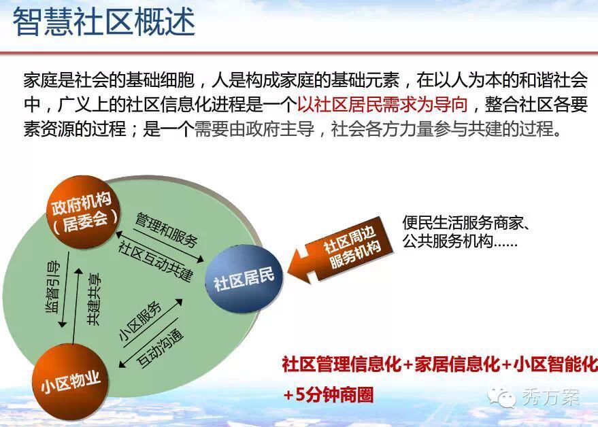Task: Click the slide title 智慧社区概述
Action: point(104,22)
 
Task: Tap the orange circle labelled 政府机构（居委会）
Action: point(83,211)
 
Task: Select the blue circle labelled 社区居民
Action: point(244,279)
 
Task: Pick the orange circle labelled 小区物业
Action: point(71,381)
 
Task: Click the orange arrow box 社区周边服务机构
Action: point(341,250)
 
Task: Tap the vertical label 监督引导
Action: point(53,286)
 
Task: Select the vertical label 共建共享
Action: point(94,299)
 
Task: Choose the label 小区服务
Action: point(140,321)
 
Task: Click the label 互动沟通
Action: point(160,347)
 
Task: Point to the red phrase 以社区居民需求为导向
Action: point(382,105)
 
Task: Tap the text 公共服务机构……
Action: point(460,241)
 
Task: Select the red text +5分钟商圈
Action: point(328,394)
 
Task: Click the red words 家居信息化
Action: point(457,364)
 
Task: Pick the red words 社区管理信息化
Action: point(342,364)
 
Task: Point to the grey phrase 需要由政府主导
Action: point(254,129)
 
